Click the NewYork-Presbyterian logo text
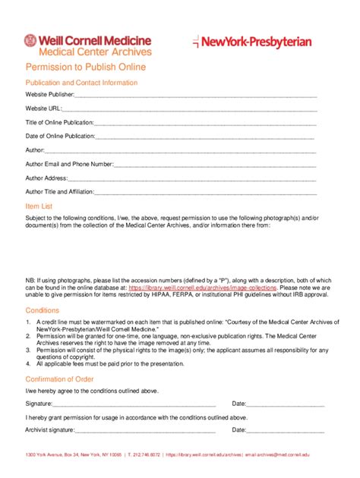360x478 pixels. pos(257,42)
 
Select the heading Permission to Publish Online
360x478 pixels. pos(85,68)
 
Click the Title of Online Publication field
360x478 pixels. pos(205,123)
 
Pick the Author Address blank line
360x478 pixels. pos(193,178)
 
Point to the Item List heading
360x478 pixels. pos(39,206)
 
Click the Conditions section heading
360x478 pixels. pos(42,310)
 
